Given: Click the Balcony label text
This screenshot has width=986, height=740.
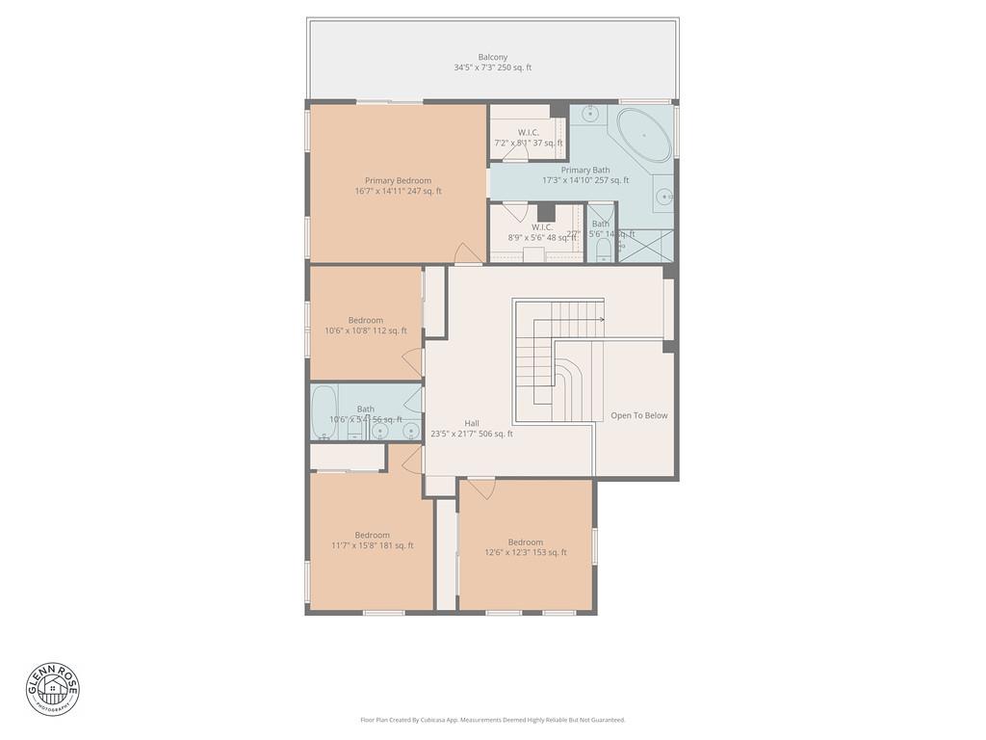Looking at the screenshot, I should (492, 58).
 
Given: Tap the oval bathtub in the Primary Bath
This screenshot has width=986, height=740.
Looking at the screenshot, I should (643, 136).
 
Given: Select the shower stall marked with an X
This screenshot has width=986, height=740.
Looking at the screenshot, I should (645, 247).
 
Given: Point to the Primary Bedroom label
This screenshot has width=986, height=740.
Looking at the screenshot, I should (398, 180).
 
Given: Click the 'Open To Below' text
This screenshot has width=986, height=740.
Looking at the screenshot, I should (638, 416).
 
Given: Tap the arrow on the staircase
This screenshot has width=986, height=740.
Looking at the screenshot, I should (599, 319).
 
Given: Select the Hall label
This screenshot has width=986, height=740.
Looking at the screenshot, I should (472, 423).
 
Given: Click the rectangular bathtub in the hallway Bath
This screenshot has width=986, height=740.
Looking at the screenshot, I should (324, 412).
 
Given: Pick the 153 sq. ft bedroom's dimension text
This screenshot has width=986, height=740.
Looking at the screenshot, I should (525, 553).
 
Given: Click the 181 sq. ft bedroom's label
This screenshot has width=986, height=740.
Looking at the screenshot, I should (372, 535).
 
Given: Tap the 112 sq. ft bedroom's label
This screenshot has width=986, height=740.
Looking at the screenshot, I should (366, 320).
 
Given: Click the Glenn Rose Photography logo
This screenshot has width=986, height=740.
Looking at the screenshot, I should (53, 688).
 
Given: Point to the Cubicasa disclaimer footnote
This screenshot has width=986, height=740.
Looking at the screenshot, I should (492, 720).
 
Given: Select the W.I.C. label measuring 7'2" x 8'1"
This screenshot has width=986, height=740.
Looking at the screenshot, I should (528, 132).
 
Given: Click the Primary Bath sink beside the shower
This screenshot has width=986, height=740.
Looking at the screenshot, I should (663, 198).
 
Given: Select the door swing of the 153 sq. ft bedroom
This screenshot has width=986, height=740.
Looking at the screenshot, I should (481, 489).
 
